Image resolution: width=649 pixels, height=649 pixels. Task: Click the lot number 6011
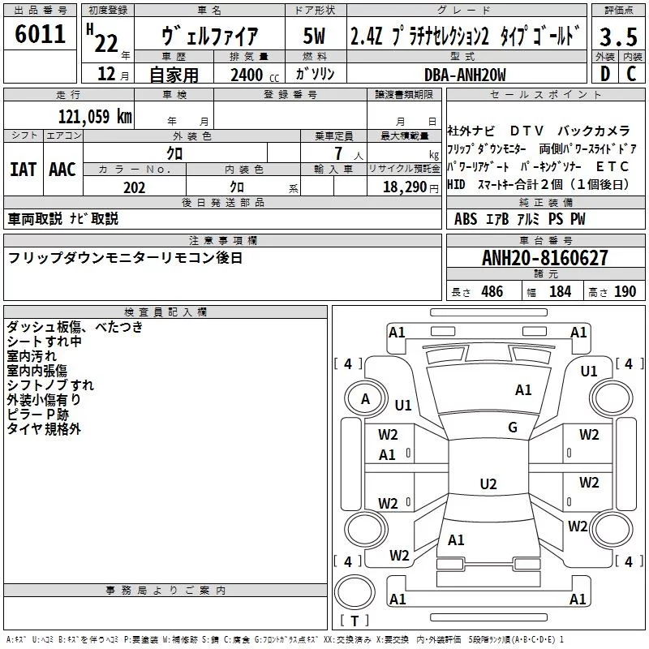click(40, 34)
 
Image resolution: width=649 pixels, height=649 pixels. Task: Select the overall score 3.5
click(618, 37)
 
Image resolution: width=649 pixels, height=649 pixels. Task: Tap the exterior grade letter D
click(605, 74)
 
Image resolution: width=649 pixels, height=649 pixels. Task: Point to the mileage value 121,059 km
click(95, 117)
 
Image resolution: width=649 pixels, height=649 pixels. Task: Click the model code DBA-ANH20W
click(465, 75)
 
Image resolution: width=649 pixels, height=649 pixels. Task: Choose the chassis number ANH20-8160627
click(545, 258)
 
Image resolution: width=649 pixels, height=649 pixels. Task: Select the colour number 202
click(134, 187)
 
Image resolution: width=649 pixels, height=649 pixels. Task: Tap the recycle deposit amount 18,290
click(405, 187)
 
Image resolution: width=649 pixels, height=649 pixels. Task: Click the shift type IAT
click(23, 170)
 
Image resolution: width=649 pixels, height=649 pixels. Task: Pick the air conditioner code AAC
click(62, 170)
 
